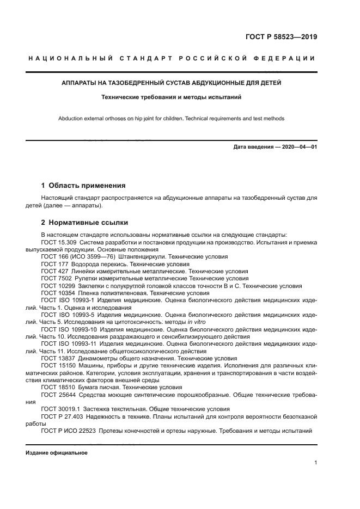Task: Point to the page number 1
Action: [x=315, y=463]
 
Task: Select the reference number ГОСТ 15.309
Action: [x=60, y=242]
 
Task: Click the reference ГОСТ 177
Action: [x=54, y=263]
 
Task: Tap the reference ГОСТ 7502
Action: [x=56, y=277]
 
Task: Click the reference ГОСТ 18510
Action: [x=58, y=387]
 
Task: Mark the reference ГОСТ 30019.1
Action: [x=60, y=408]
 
